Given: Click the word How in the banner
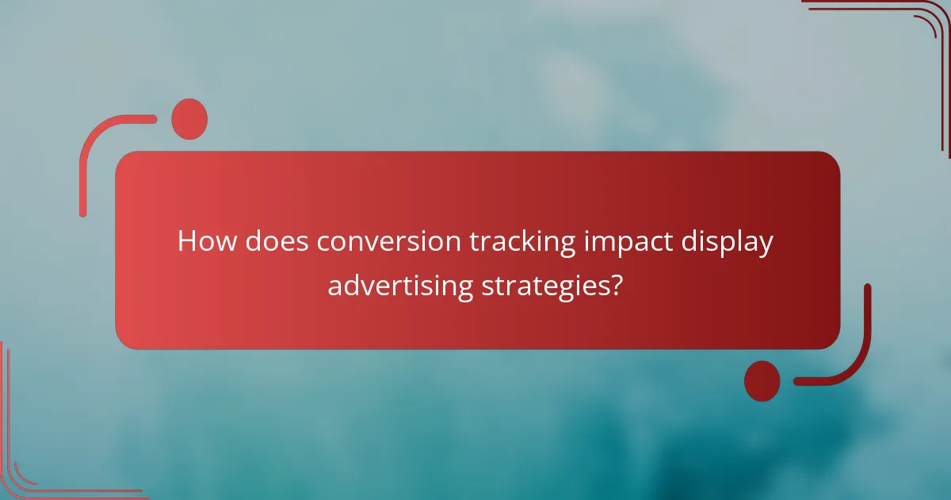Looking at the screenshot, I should (207, 242).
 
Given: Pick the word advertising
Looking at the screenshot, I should (401, 284).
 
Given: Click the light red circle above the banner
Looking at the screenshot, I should (189, 119).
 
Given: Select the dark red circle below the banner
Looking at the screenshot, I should (762, 380).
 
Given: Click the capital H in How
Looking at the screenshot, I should (187, 242).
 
